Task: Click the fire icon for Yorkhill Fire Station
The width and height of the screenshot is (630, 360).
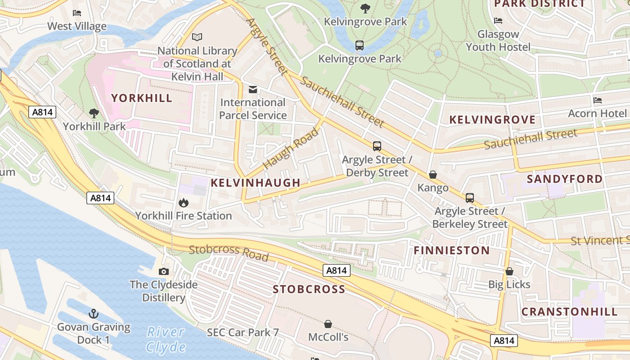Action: click(183, 203)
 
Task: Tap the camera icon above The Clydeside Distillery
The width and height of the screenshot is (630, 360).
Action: click(164, 271)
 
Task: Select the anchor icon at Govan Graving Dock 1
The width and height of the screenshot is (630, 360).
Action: click(94, 314)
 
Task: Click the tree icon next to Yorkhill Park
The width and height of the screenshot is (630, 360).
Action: click(94, 113)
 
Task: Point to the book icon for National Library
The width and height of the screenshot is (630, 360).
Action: click(197, 37)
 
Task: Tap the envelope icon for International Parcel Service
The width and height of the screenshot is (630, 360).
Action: click(253, 90)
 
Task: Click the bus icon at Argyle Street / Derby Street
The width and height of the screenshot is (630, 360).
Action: click(377, 146)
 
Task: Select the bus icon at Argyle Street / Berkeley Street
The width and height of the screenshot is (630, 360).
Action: click(470, 198)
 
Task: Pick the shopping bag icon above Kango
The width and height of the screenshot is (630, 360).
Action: click(433, 174)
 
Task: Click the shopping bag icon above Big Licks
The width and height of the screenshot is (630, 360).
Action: click(509, 271)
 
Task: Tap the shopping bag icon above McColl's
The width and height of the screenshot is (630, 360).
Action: click(328, 324)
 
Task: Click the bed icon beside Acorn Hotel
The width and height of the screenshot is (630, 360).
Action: click(598, 100)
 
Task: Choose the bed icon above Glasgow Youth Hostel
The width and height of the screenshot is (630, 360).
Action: click(498, 20)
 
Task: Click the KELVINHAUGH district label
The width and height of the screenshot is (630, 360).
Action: click(256, 183)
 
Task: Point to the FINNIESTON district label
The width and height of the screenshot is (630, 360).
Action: click(451, 251)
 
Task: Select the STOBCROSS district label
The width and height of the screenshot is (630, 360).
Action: click(309, 289)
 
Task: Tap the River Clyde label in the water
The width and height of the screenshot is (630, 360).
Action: click(166, 340)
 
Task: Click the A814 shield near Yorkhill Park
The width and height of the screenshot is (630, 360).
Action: click(43, 112)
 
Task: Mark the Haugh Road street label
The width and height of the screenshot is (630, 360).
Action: click(291, 148)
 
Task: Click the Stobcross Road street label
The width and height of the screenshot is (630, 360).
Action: click(229, 252)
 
